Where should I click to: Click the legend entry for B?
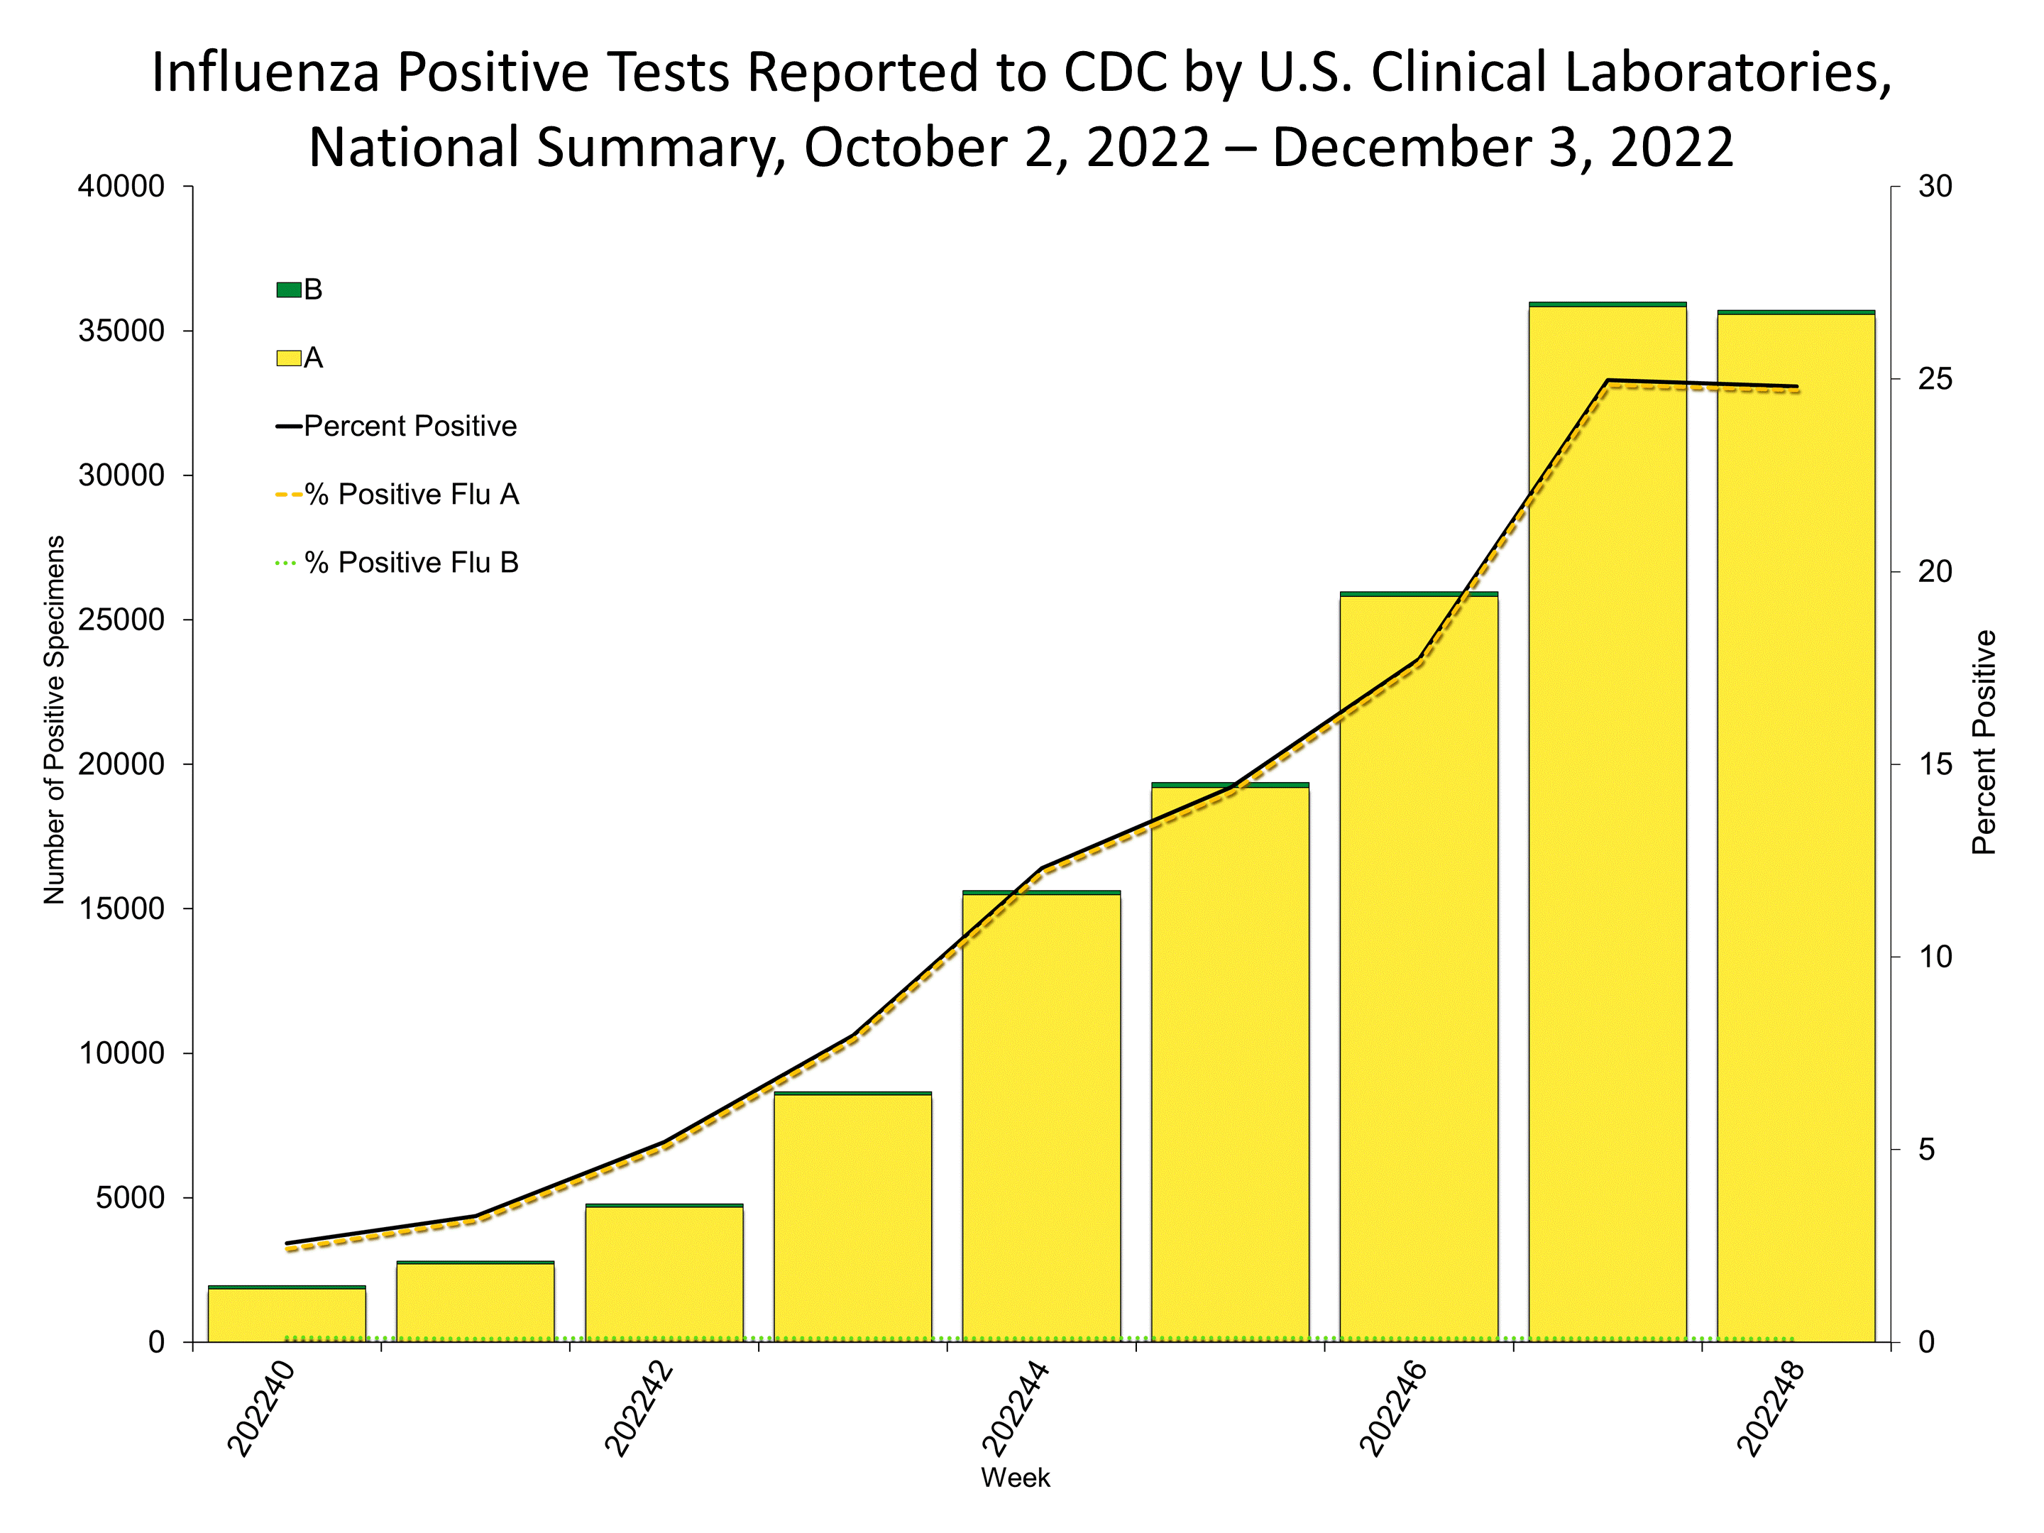(x=300, y=290)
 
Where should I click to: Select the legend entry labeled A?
(x=300, y=358)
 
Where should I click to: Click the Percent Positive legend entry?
(x=397, y=426)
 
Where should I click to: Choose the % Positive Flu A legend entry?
(x=398, y=495)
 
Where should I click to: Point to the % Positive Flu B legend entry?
(x=398, y=563)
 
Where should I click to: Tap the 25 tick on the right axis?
(x=1935, y=379)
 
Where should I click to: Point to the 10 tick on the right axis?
(x=1935, y=957)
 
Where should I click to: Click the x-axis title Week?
(x=1016, y=1478)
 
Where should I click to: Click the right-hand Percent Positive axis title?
(x=1983, y=742)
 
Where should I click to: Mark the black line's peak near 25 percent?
(x=1608, y=380)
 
